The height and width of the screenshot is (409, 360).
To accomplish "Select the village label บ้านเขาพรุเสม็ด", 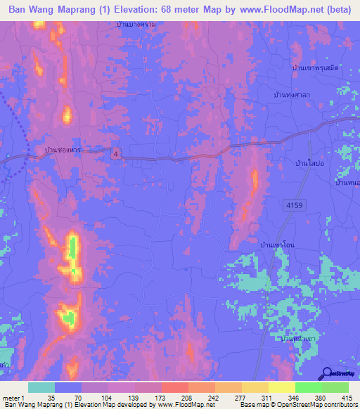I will tap(315, 67).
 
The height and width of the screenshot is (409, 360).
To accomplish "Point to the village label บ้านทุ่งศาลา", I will tap(294, 93).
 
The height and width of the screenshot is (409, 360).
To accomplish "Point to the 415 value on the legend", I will tap(347, 397).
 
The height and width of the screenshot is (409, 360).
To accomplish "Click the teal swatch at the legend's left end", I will tap(41, 387).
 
